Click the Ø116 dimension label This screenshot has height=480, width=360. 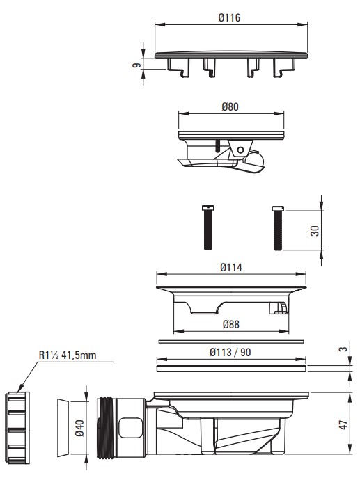click(x=230, y=18)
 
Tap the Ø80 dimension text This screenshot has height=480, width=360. click(x=230, y=107)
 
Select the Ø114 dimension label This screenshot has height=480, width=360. click(x=231, y=268)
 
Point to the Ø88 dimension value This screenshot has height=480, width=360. click(x=231, y=324)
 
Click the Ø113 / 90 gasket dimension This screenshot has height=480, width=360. click(x=230, y=352)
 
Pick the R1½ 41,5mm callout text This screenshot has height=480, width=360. click(x=68, y=355)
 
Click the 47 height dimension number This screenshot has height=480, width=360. click(x=343, y=424)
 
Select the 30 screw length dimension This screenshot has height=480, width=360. click(x=315, y=231)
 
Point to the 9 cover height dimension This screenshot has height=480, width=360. click(x=136, y=65)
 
